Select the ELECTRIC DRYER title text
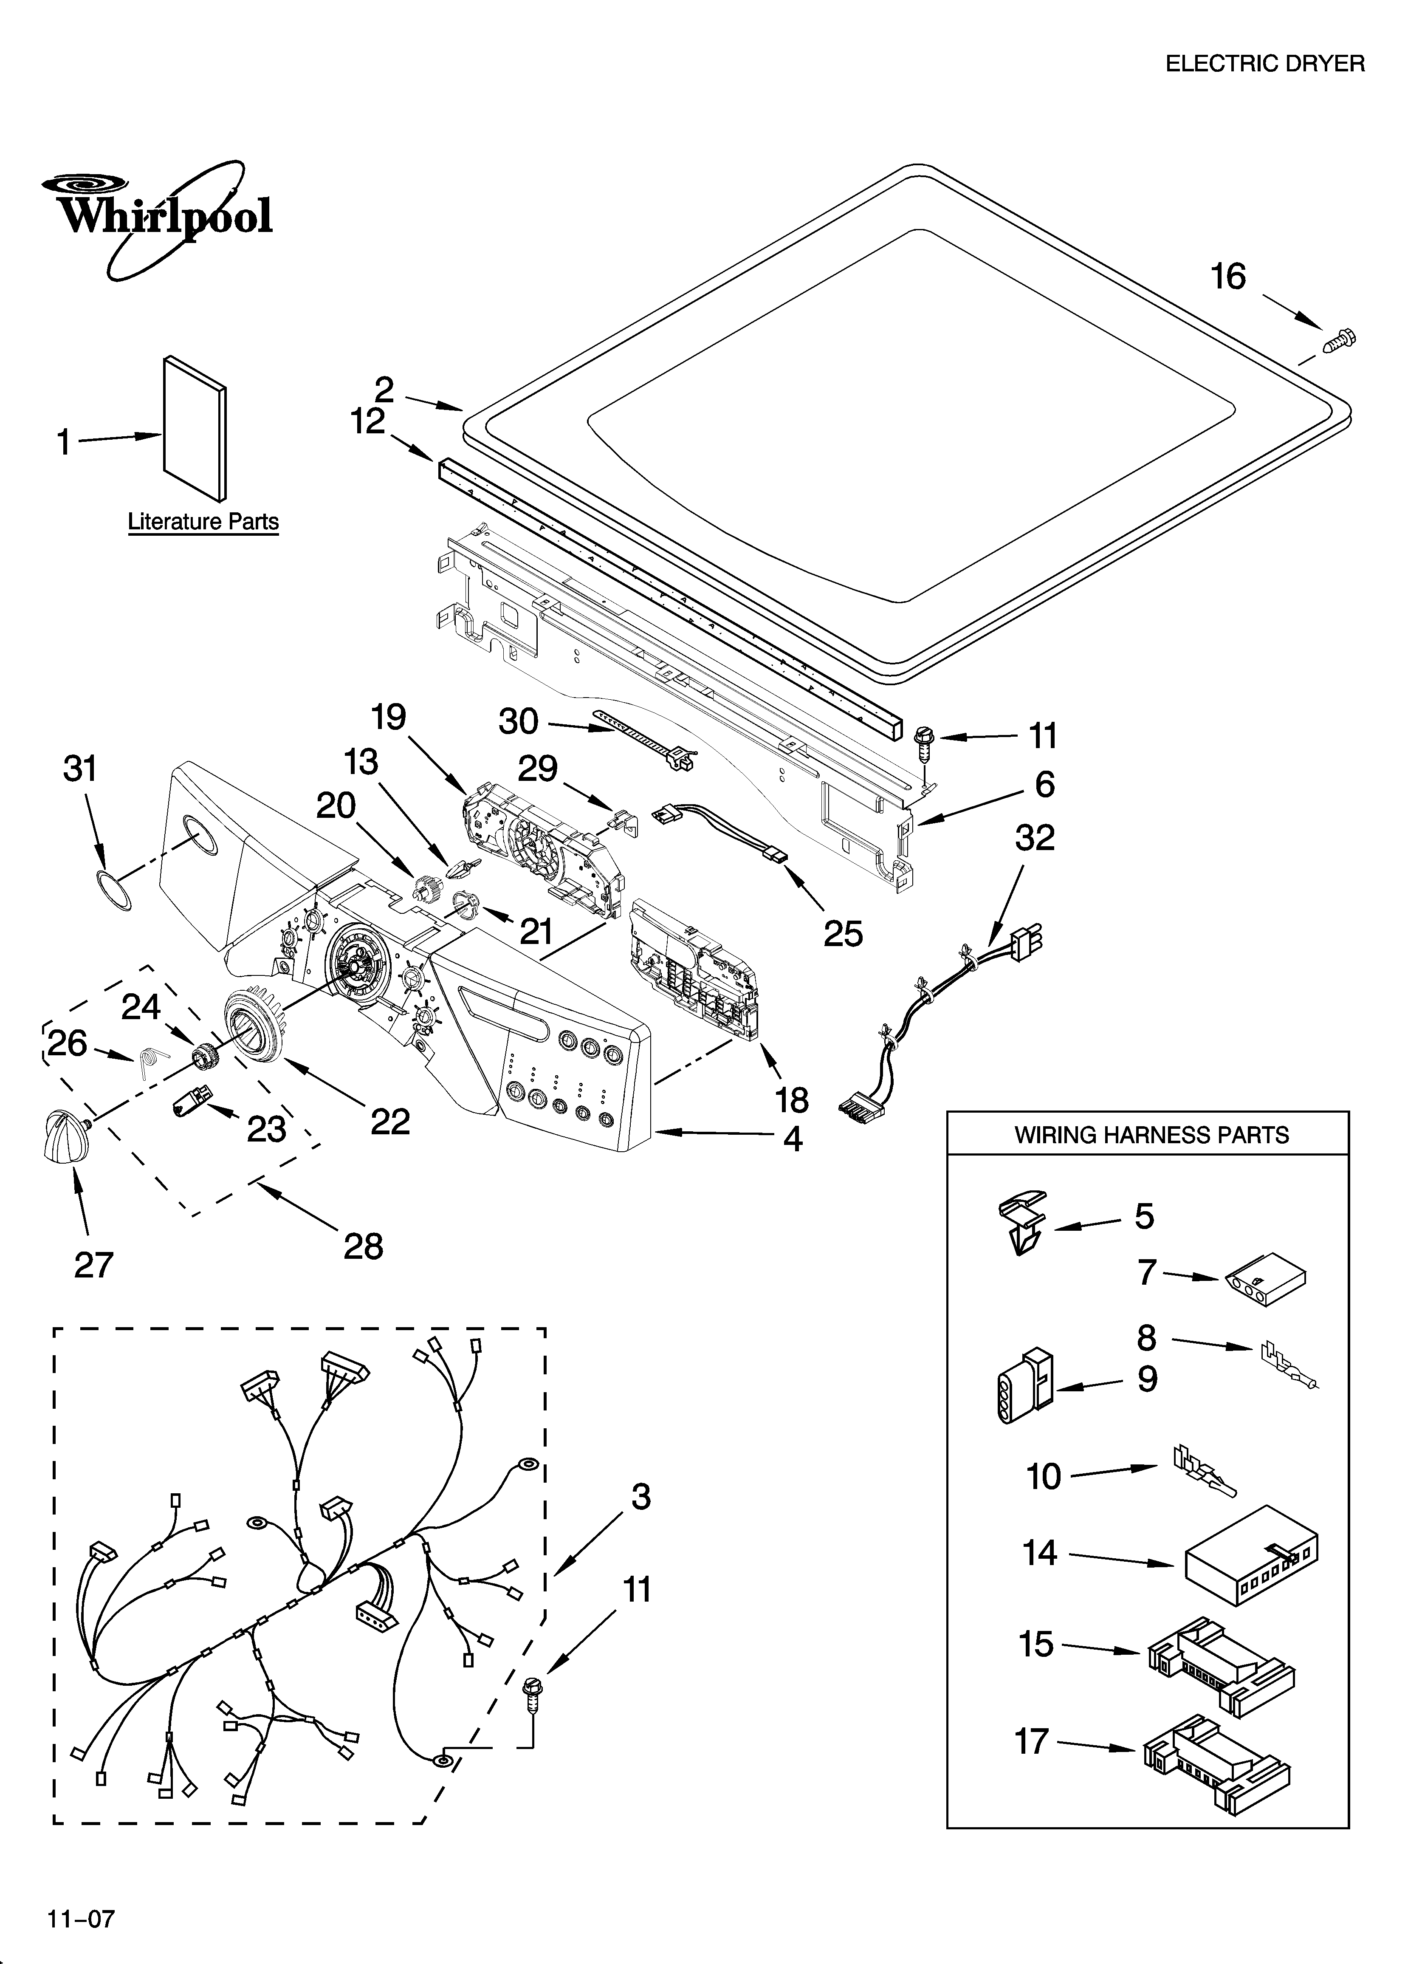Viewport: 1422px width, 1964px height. [1264, 64]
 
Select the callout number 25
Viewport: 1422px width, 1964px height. [843, 933]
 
